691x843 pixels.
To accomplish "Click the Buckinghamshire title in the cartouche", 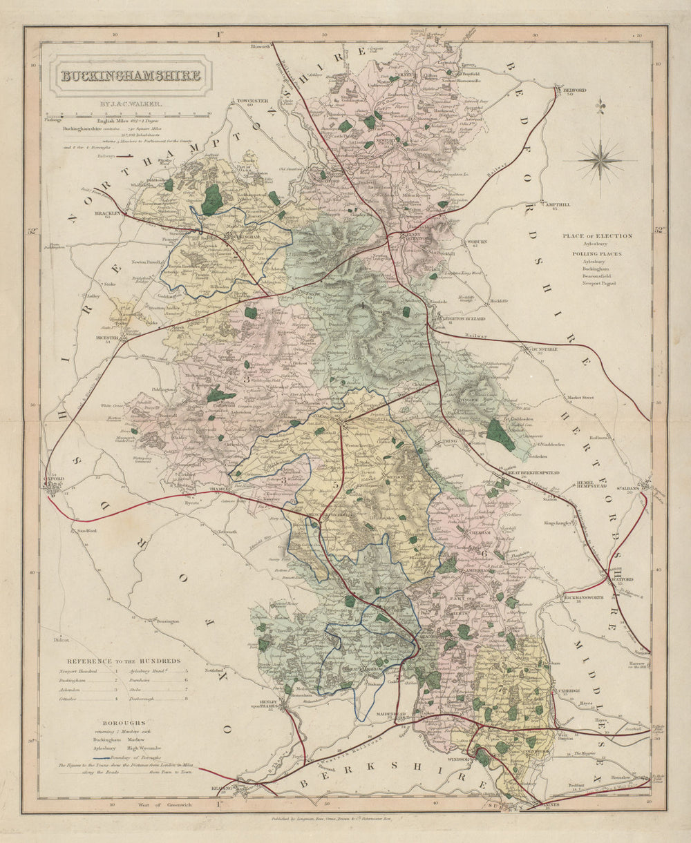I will tap(131, 75).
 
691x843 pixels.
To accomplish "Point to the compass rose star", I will tap(600, 160).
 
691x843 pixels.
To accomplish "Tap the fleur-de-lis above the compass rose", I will tap(600, 105).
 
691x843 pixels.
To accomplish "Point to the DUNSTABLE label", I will tap(545, 349).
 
